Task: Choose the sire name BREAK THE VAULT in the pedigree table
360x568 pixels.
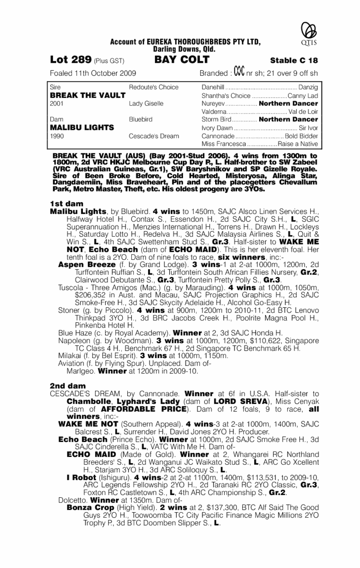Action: [x=82, y=95]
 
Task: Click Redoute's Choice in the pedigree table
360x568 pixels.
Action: [x=154, y=87]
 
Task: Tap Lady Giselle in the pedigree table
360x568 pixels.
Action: [x=147, y=103]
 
